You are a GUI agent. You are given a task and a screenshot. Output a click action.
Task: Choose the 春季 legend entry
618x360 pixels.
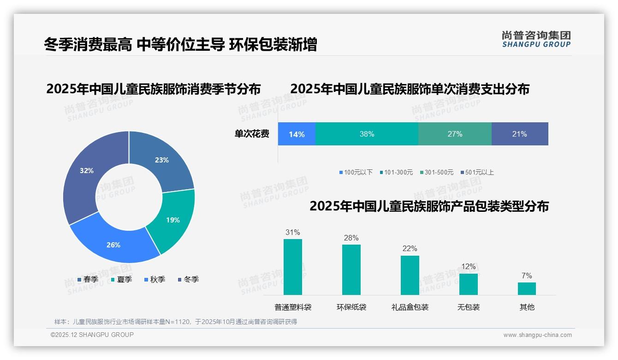[x=87, y=279]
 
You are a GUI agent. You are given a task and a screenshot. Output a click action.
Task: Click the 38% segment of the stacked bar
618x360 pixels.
[x=367, y=134]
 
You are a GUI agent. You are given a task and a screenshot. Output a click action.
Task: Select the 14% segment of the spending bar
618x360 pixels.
[x=297, y=134]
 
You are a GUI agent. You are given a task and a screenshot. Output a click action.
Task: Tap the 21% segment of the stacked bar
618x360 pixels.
[x=519, y=134]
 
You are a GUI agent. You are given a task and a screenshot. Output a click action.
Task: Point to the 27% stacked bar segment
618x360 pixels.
[x=455, y=134]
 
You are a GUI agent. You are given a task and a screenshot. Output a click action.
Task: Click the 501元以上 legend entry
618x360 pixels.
[x=477, y=172]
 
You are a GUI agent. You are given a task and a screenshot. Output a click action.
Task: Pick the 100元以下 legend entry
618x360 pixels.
[x=356, y=172]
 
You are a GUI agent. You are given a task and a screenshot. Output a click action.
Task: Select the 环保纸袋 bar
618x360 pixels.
[x=351, y=270]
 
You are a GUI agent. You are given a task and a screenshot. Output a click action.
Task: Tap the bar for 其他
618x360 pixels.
[x=527, y=288]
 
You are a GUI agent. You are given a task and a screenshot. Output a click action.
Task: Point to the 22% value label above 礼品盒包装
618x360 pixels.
[x=410, y=249]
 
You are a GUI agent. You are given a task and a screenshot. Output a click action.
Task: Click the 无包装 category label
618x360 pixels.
[x=469, y=307]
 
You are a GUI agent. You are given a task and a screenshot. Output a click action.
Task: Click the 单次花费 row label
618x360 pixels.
[x=252, y=134]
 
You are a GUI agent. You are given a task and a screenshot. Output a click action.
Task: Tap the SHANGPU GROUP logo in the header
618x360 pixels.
[x=536, y=39]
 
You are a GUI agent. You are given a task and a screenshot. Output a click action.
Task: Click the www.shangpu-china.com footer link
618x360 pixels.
[x=537, y=335]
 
